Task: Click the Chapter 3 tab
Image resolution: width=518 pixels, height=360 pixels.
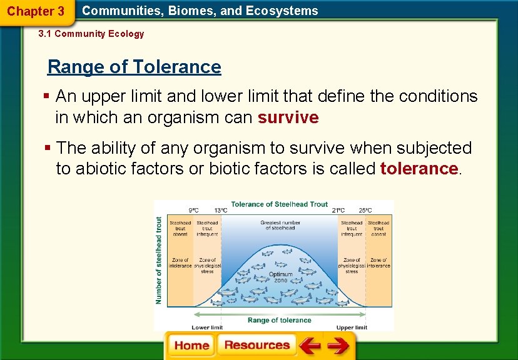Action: click(36, 11)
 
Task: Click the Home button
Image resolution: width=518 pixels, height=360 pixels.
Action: click(191, 346)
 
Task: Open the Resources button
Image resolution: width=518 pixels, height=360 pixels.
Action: click(257, 346)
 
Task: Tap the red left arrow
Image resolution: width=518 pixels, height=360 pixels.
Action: click(310, 346)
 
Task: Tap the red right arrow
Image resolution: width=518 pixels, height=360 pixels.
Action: click(338, 346)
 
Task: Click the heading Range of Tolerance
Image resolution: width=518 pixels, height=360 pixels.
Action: click(135, 67)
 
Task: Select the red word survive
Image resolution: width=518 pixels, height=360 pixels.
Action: click(288, 117)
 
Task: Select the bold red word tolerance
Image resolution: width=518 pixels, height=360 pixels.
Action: click(419, 169)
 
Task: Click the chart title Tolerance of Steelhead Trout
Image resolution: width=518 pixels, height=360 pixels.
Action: click(279, 204)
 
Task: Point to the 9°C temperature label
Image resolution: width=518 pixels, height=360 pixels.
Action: click(194, 211)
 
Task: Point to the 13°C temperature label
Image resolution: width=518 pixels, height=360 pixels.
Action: click(220, 211)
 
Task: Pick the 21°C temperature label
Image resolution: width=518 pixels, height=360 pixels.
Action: click(338, 211)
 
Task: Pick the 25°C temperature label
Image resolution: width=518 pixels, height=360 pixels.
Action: click(365, 211)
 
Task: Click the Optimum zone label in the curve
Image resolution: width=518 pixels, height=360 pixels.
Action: click(280, 277)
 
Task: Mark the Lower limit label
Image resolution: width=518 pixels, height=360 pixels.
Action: click(207, 327)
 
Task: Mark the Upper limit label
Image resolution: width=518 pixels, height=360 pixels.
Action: click(352, 327)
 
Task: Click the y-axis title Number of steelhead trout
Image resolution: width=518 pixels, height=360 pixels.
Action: click(159, 261)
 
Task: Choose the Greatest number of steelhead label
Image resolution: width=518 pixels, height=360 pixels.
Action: click(280, 225)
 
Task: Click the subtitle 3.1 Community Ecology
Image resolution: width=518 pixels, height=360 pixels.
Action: click(91, 34)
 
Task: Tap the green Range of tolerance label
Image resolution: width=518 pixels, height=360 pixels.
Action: click(279, 320)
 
